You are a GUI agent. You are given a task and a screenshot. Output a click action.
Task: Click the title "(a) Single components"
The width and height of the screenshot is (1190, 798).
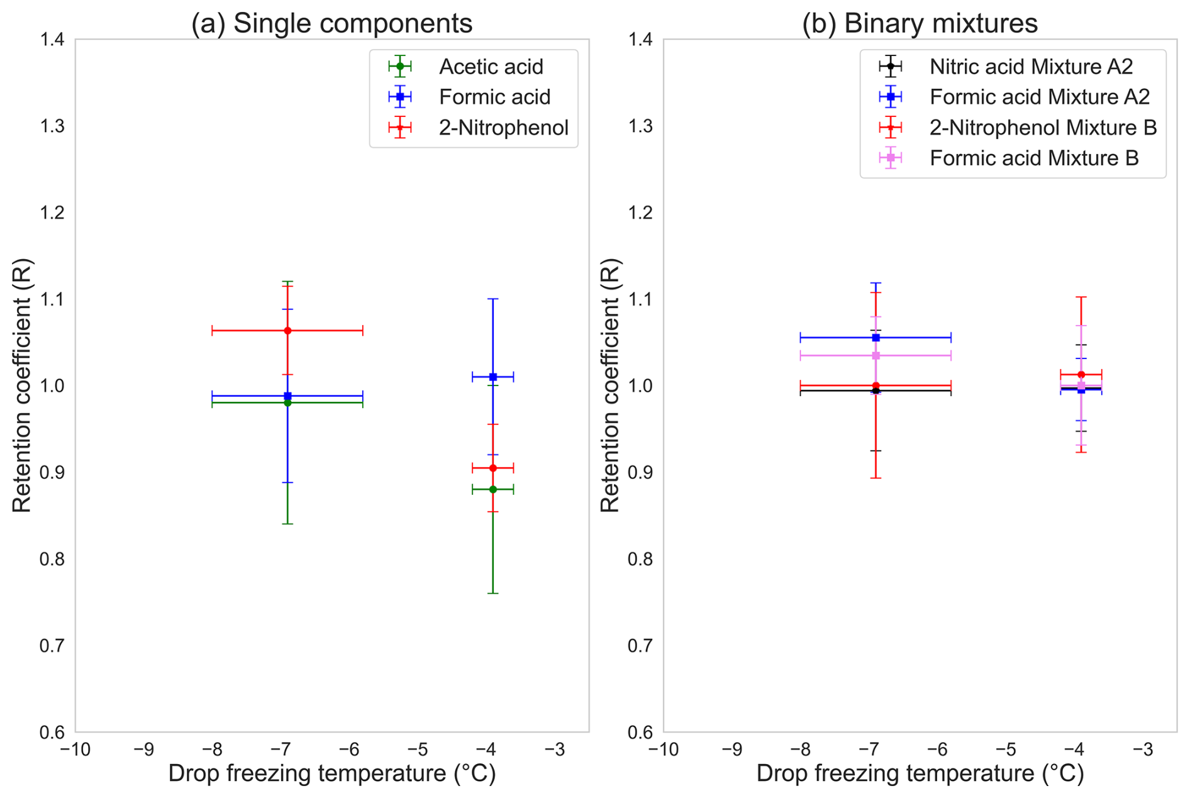(331, 23)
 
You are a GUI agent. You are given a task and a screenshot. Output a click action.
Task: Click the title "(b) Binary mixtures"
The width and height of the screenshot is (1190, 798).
(920, 23)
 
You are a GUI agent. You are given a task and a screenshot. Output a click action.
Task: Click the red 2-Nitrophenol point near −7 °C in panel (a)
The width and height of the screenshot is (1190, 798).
(287, 331)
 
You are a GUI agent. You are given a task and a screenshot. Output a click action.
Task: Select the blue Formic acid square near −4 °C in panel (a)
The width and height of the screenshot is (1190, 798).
(493, 377)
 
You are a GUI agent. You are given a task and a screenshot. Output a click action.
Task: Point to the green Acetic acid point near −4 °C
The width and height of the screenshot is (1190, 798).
(493, 489)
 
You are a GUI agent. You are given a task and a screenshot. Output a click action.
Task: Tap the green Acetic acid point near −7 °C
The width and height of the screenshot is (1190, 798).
(287, 402)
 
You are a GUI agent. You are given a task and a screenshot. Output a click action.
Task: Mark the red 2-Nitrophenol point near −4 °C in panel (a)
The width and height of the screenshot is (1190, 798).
(493, 468)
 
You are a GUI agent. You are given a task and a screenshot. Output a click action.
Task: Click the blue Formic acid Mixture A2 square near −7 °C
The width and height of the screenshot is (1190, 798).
(876, 338)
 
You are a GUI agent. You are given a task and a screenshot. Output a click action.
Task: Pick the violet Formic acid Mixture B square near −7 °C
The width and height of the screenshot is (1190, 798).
(876, 356)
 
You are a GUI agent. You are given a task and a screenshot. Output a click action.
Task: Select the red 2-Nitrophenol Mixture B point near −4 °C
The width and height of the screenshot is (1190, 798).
(1081, 375)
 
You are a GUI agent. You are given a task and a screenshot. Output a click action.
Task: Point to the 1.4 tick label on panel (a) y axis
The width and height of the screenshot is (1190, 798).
(52, 40)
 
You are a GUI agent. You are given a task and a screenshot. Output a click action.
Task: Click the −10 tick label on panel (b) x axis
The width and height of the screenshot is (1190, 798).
(663, 750)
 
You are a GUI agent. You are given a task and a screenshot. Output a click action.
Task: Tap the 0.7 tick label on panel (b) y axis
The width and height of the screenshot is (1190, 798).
(640, 646)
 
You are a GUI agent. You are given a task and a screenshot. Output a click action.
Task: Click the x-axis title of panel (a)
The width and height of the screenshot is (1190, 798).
(331, 773)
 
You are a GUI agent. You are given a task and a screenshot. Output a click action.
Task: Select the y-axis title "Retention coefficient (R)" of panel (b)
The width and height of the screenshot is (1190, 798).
(609, 385)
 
